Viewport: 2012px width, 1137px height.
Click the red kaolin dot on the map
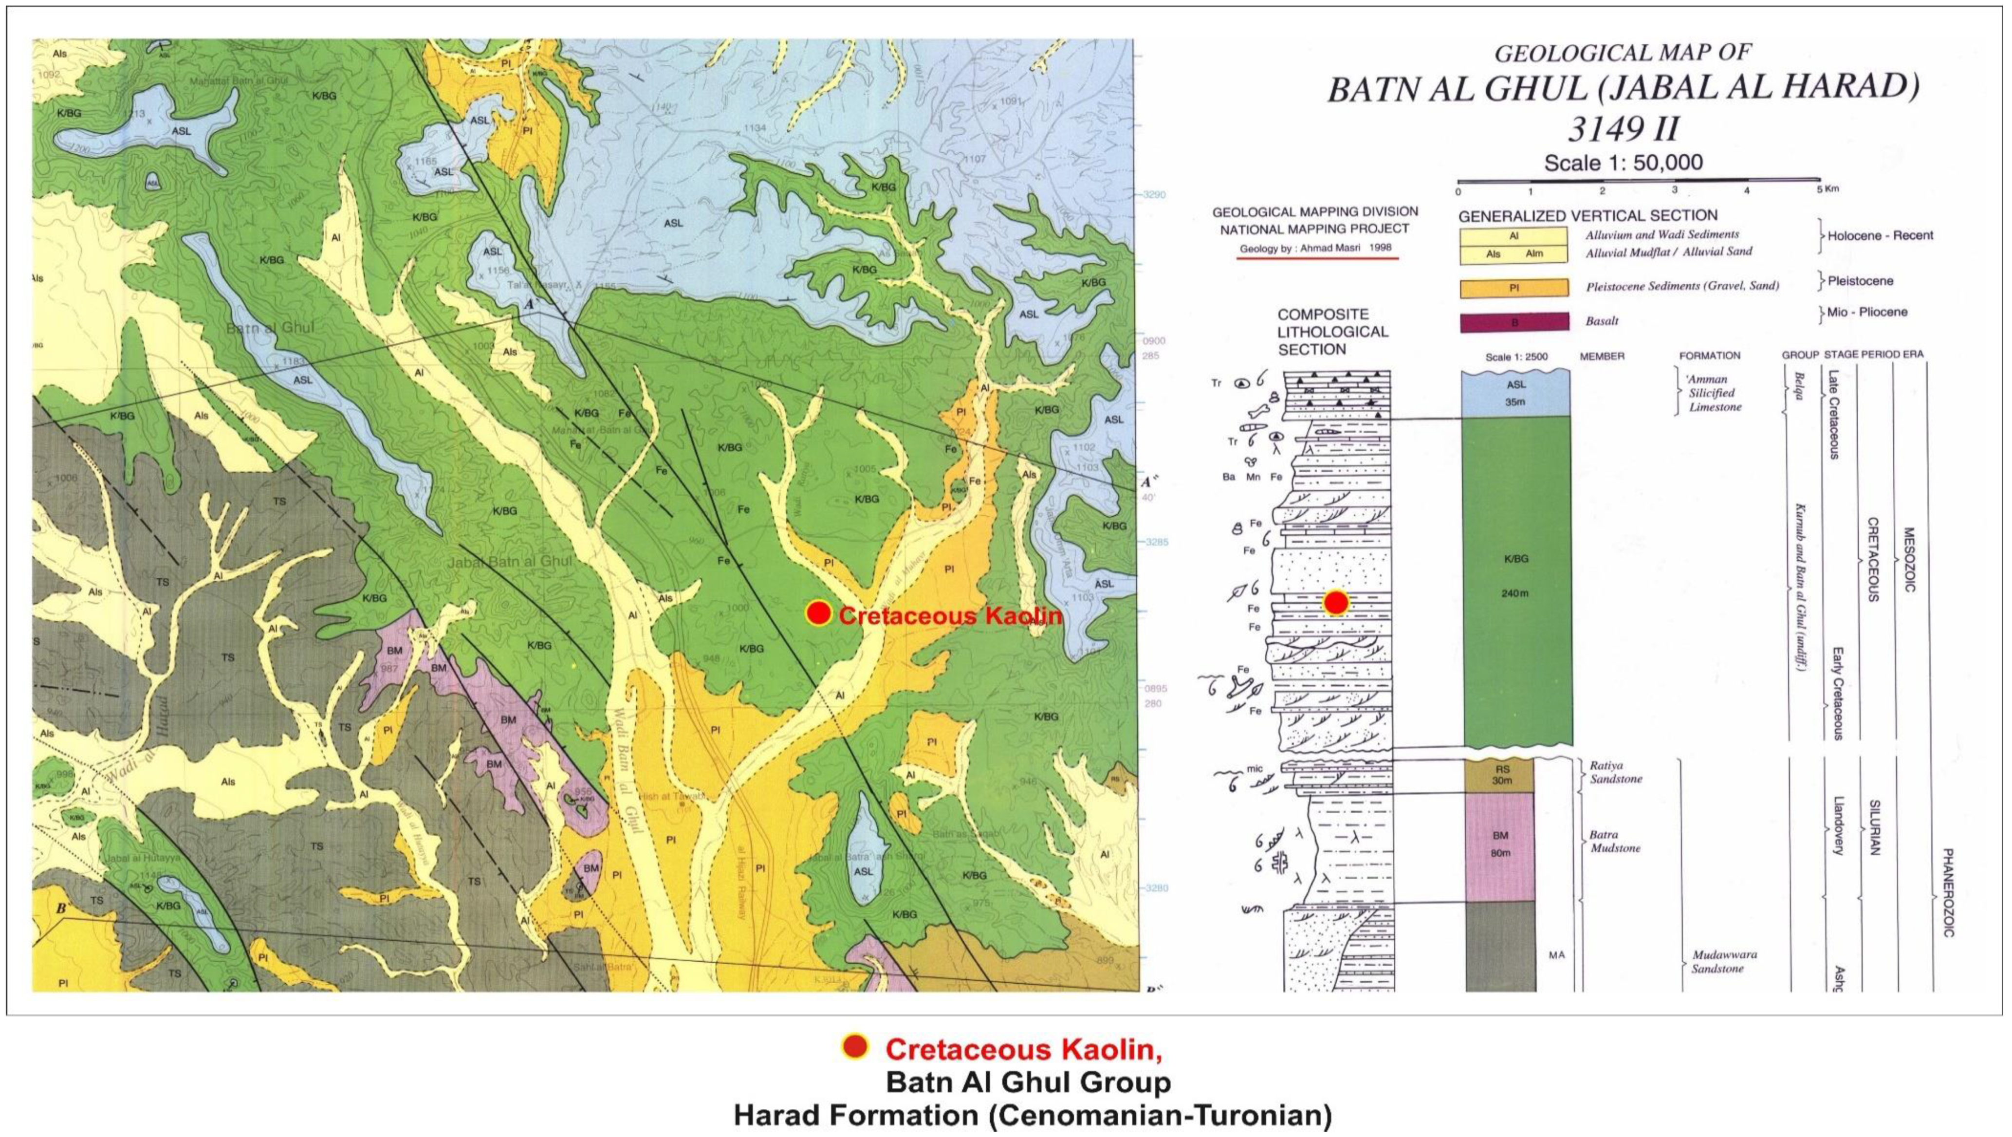(x=818, y=614)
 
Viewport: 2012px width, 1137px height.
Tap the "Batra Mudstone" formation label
(x=1614, y=841)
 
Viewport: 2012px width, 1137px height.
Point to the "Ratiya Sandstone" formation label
(x=1615, y=772)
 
